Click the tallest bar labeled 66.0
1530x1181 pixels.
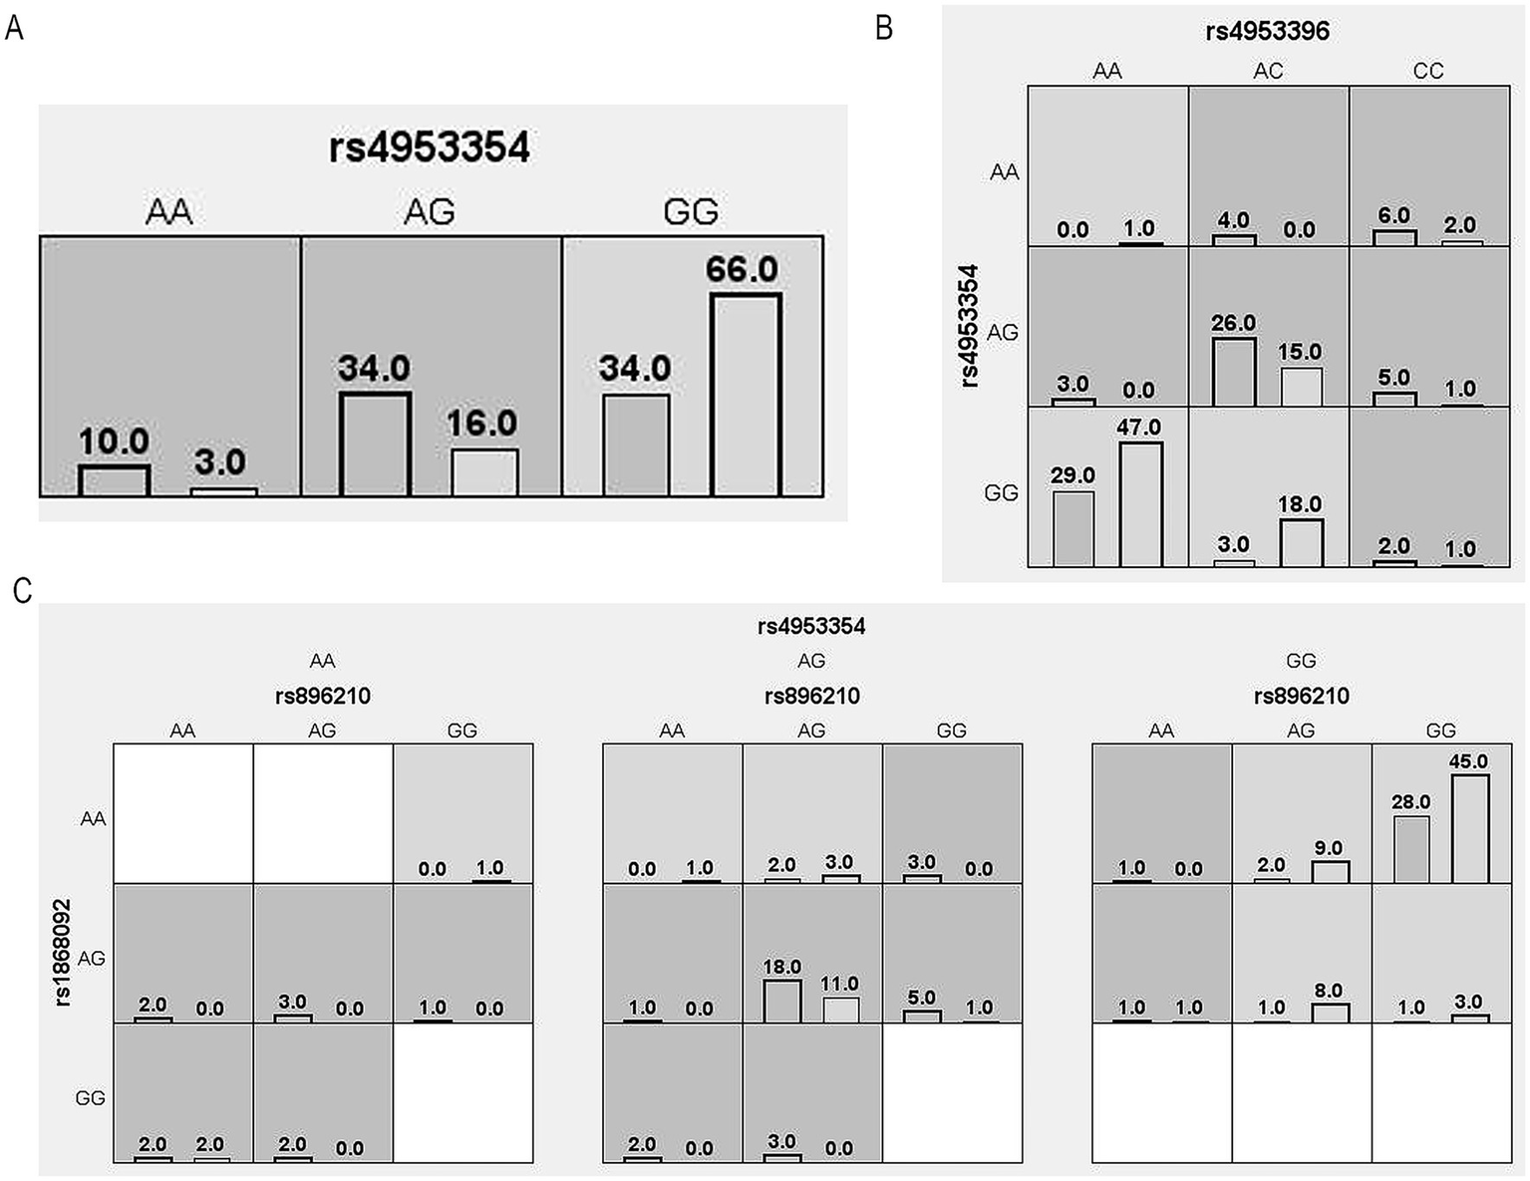[x=745, y=395]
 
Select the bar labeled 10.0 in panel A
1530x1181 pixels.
[x=114, y=480]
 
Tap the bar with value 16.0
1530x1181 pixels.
[x=484, y=472]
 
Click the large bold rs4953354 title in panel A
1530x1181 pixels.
[x=430, y=148]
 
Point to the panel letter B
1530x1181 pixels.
[x=883, y=28]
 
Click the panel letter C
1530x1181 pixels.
[x=22, y=591]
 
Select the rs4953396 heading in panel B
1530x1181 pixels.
[x=1267, y=31]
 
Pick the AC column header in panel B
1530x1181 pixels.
[x=1268, y=71]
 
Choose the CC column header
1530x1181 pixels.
[x=1427, y=71]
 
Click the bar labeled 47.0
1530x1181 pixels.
[x=1140, y=504]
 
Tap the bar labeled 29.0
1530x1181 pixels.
[x=1073, y=529]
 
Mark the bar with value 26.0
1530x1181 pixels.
[x=1233, y=373]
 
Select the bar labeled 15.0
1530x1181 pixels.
[x=1300, y=387]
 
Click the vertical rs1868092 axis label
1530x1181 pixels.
[x=62, y=953]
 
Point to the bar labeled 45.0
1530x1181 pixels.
[x=1469, y=828]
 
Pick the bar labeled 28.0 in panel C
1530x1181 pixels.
[x=1410, y=849]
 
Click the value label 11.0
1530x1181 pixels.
[x=839, y=984]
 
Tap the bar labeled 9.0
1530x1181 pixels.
[x=1329, y=872]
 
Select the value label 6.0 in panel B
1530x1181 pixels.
[x=1393, y=215]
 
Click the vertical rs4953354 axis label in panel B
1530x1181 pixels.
[x=969, y=325]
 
